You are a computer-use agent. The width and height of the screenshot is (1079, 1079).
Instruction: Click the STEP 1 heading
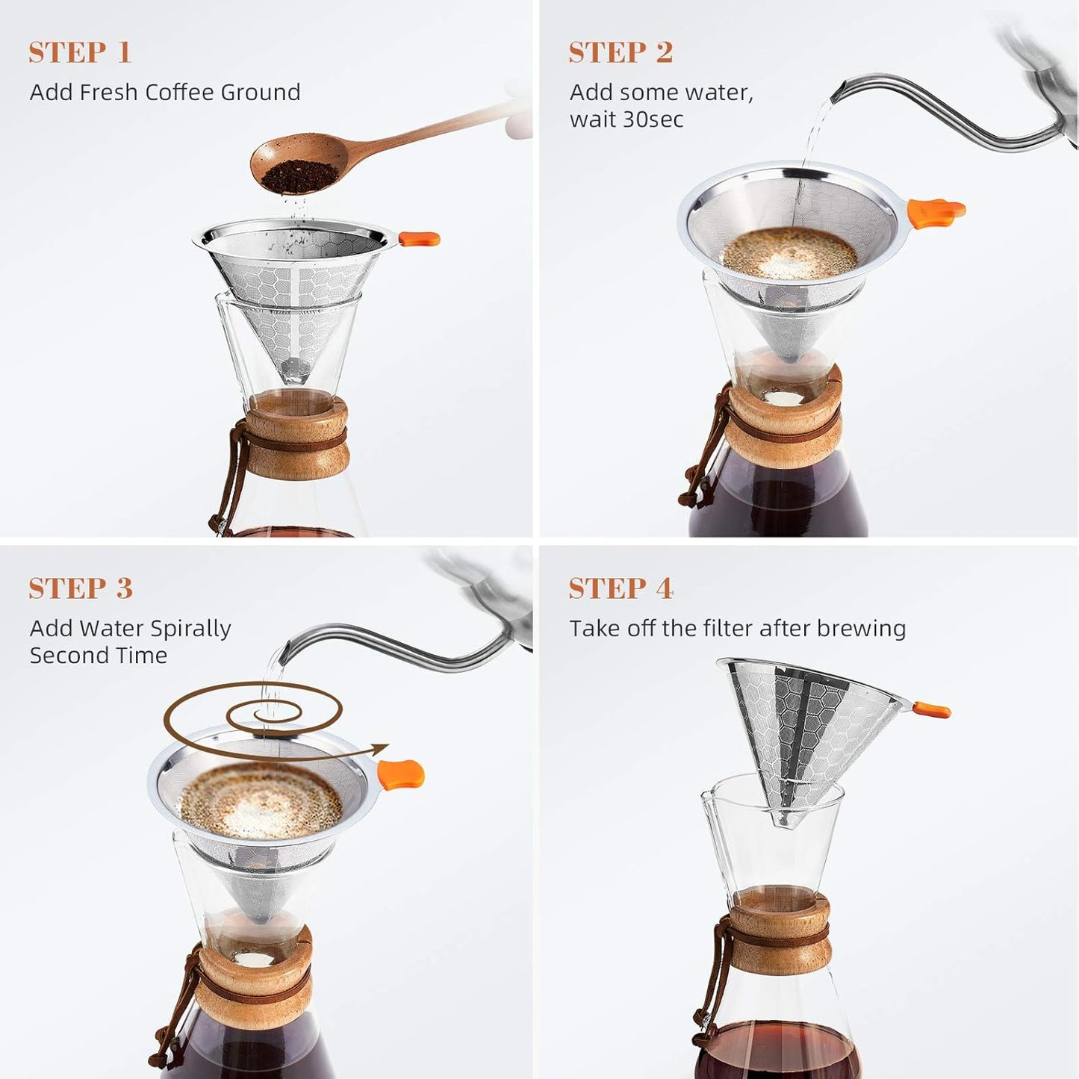point(80,52)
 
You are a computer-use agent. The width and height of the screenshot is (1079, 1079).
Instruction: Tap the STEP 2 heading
point(621,52)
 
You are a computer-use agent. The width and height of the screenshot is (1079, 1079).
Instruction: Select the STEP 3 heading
point(81,588)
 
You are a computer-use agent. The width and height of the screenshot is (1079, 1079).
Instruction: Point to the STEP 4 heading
point(621,588)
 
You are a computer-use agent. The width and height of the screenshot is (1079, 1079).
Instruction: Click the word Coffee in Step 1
point(179,93)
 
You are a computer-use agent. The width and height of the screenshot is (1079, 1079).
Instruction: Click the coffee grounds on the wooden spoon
point(292,176)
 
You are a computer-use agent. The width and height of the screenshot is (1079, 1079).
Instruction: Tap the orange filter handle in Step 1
point(419,239)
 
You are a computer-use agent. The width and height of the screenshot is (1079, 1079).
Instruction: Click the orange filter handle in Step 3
point(401,774)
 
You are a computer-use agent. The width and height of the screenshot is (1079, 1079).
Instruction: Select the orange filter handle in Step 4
point(931,709)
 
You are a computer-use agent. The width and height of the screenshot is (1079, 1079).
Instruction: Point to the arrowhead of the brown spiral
point(381,747)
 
